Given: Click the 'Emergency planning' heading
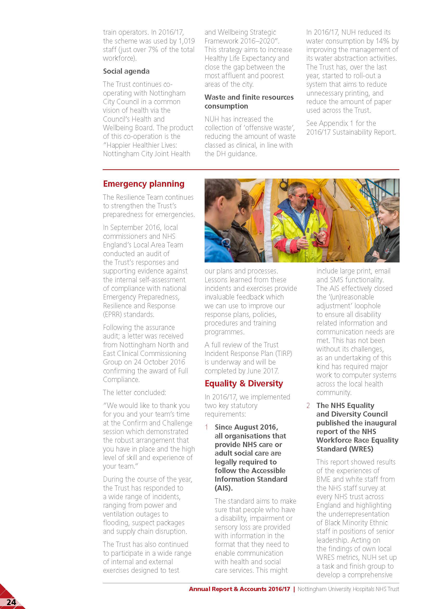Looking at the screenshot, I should [x=144, y=184].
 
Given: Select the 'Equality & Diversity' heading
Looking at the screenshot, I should [x=244, y=383].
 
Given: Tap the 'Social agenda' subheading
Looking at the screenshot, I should [x=126, y=71].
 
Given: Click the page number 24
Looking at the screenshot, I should [x=11, y=602].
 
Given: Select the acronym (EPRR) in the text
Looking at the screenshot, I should [x=112, y=314].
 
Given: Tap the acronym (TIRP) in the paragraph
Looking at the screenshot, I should [x=284, y=353].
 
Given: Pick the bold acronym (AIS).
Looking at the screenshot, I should [x=224, y=488].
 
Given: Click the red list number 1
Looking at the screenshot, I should [x=206, y=427].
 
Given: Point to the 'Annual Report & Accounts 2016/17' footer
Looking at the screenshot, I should [x=239, y=589].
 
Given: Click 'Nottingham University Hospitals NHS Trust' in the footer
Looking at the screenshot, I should [x=348, y=589].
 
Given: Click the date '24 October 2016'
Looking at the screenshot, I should [x=159, y=362].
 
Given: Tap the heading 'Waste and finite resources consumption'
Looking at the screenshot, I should [x=249, y=102].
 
